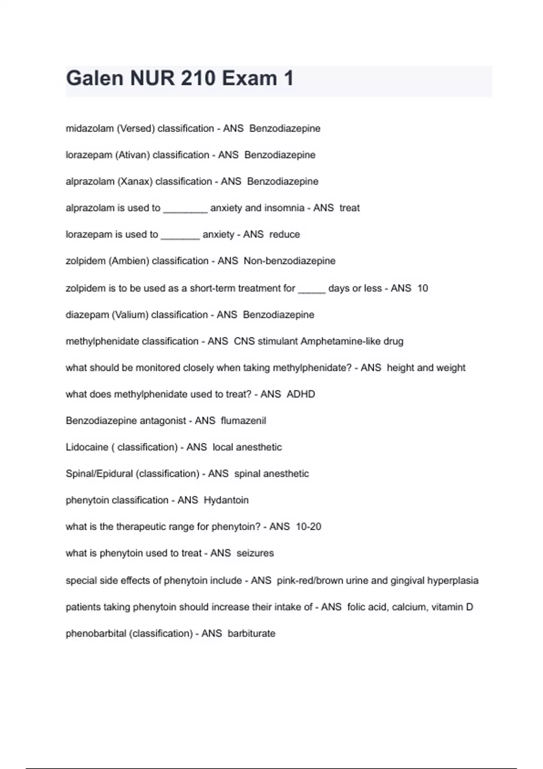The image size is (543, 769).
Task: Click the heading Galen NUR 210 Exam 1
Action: pos(180,78)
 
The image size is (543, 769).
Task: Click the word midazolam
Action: pos(90,128)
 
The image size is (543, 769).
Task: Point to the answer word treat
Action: pos(349,208)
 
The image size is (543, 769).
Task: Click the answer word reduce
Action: pos(285,234)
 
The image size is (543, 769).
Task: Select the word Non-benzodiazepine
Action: pos(290,261)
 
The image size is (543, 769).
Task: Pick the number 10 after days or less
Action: pos(422,288)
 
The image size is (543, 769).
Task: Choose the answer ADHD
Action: pos(301,394)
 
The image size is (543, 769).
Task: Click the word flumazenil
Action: pos(243,421)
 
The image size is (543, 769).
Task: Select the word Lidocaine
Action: pos(87,447)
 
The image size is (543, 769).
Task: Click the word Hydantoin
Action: pos(226,500)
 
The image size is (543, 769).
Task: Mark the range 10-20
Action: pos(309,527)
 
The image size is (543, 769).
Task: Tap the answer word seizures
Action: pos(255,553)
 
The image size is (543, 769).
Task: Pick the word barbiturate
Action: pos(252,634)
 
